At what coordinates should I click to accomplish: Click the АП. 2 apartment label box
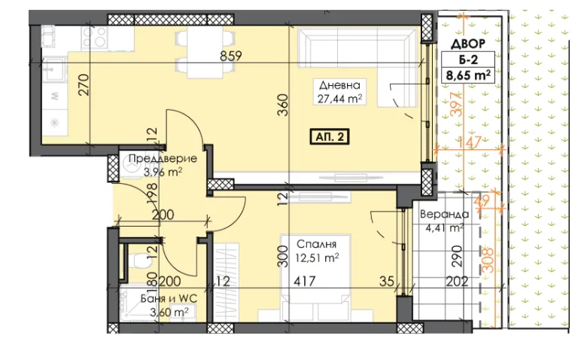pos(330,137)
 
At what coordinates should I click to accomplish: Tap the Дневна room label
pos(339,86)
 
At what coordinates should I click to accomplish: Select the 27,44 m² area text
pos(339,99)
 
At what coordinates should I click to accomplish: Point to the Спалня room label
pos(317,244)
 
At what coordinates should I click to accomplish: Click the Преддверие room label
pos(163,159)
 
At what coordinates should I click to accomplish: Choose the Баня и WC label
pos(169,298)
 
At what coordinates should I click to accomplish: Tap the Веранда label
pos(444,215)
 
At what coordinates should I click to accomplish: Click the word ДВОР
pos(468,44)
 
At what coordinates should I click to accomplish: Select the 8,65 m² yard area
pos(468,75)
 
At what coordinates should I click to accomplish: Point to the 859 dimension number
pos(231,56)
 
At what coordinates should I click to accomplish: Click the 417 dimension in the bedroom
pos(305,282)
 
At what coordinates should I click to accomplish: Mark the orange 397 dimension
pos(458,104)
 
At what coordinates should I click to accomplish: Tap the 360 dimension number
pos(283,105)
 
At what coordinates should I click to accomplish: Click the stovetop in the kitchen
pos(95,38)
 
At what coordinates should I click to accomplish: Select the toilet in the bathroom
pos(140,262)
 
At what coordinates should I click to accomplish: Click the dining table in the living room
pos(205,52)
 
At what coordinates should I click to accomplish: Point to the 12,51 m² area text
pos(317,258)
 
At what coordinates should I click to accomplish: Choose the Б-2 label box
pos(468,59)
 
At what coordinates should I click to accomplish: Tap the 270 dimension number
pos(84,85)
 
